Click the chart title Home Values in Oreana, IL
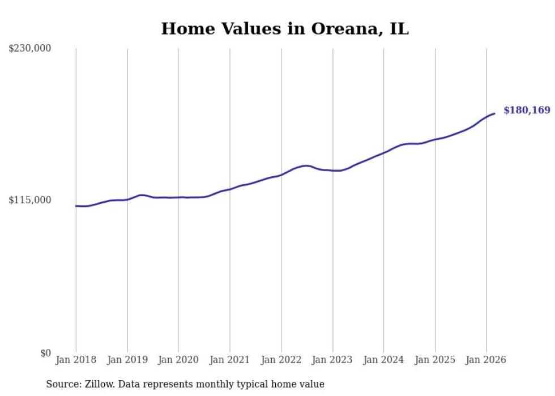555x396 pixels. coord(284,29)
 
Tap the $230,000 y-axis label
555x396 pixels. coord(29,49)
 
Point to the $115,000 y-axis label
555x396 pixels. coord(29,200)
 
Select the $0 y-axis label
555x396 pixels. coord(45,353)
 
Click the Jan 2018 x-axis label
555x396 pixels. coord(76,360)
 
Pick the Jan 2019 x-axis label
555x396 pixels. coord(127,360)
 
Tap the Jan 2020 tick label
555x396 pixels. coord(178,360)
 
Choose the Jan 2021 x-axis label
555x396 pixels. coord(230,360)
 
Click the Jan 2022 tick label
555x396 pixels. coord(281,360)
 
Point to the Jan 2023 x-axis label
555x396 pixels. coord(332,360)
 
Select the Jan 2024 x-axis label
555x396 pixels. coord(384,360)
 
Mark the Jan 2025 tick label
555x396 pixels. coord(435,360)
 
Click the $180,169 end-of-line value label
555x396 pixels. coord(527,110)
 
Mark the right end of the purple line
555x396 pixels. coord(494,114)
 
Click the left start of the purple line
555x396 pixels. coord(76,206)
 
